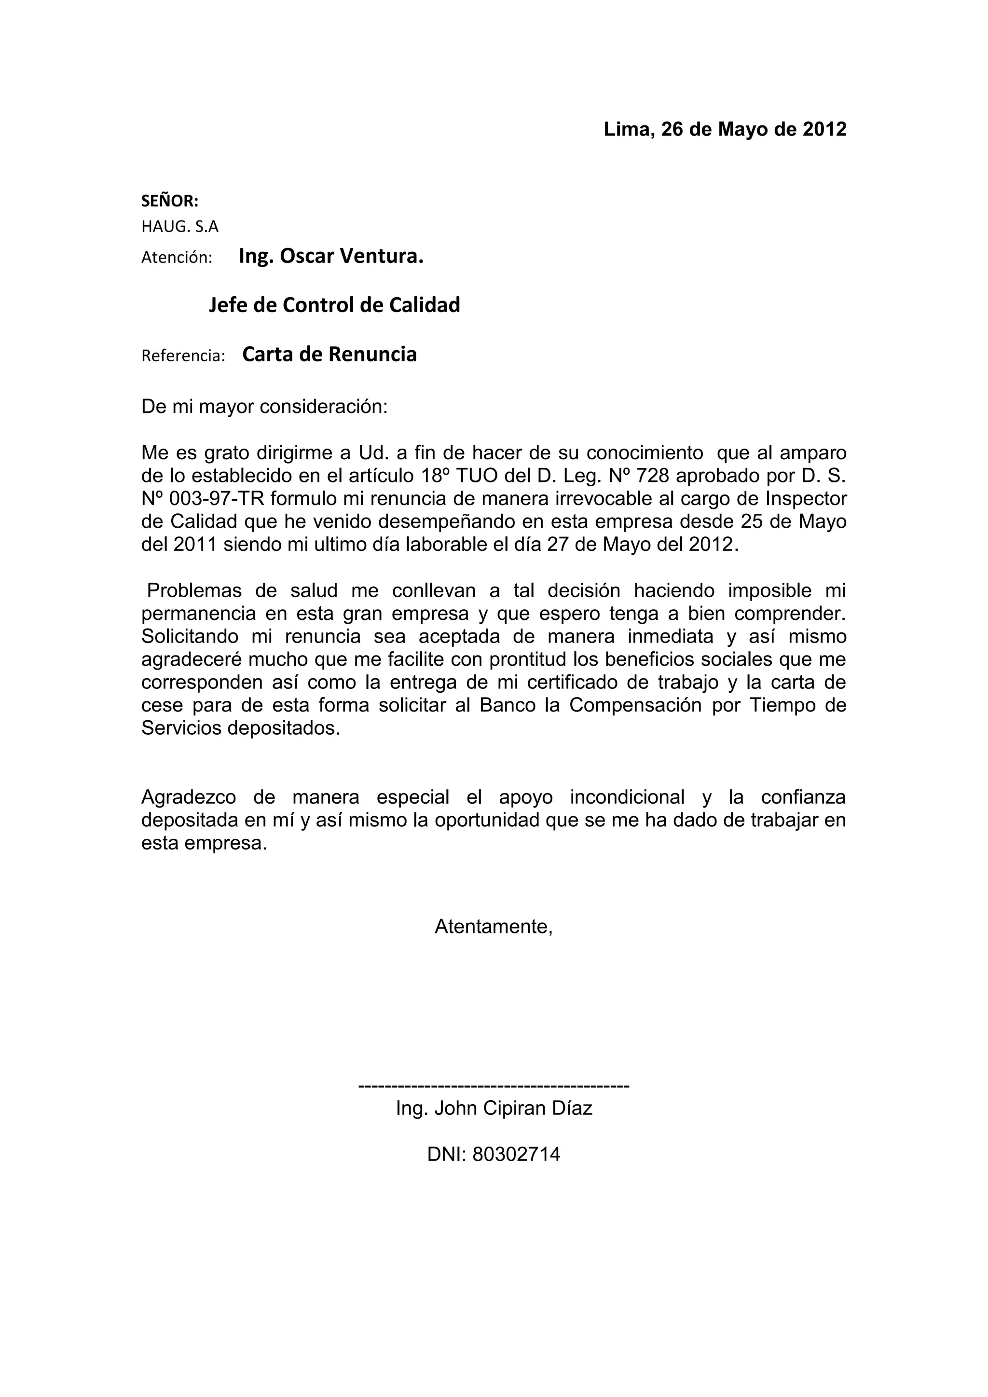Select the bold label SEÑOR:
pos(170,201)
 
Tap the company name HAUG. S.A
pos(179,227)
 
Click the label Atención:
pos(177,258)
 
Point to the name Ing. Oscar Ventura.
pos(331,256)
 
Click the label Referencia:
pos(183,356)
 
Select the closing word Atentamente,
pos(494,927)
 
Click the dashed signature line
pos(494,1085)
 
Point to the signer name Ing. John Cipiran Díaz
pos(494,1108)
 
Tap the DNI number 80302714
pos(516,1154)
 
